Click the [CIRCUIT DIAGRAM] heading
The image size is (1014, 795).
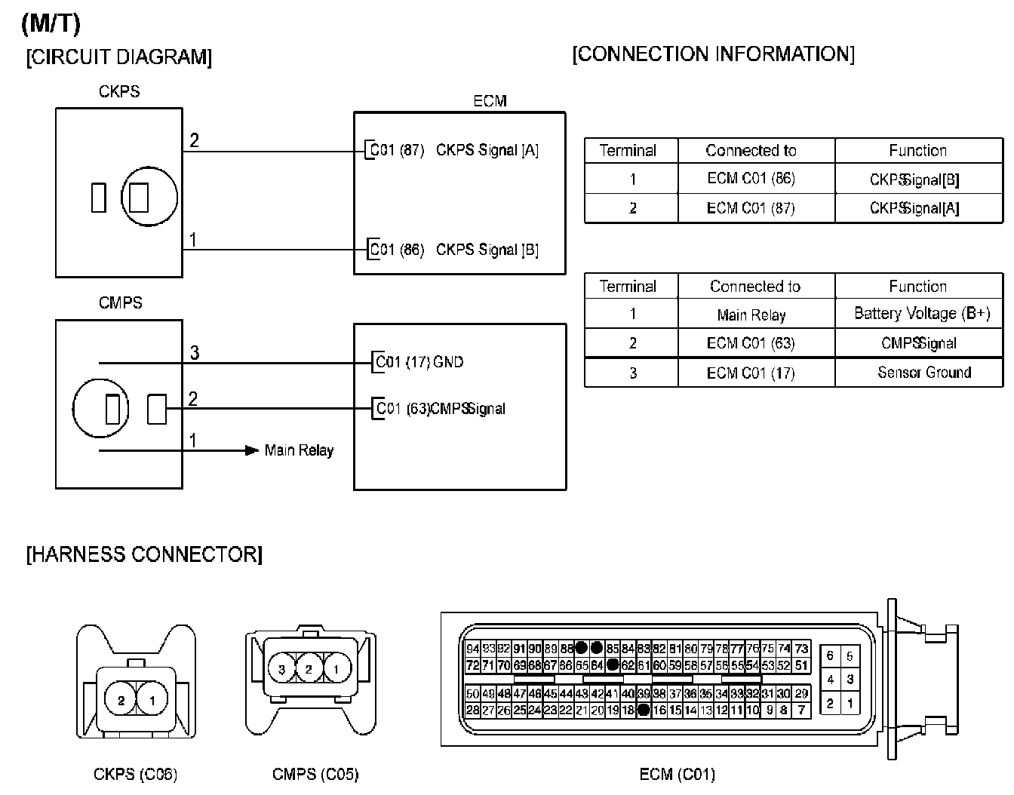pyautogui.click(x=119, y=57)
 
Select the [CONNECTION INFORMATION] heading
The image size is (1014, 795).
pyautogui.click(x=713, y=54)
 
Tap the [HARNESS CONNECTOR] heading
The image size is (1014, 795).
pyautogui.click(x=144, y=555)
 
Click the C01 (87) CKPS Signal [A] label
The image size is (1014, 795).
pyautogui.click(x=453, y=150)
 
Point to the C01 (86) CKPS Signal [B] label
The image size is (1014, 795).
pyautogui.click(x=453, y=250)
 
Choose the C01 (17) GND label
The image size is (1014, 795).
pyautogui.click(x=419, y=362)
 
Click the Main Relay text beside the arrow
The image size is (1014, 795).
pyautogui.click(x=299, y=450)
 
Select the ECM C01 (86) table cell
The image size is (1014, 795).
pyautogui.click(x=751, y=179)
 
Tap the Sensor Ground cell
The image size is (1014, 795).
pyautogui.click(x=923, y=373)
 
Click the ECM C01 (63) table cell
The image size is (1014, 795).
pyautogui.click(x=751, y=343)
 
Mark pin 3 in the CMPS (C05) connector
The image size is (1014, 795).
pyautogui.click(x=281, y=668)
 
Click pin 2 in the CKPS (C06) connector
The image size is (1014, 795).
pyautogui.click(x=121, y=701)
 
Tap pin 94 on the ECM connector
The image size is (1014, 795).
pyautogui.click(x=472, y=649)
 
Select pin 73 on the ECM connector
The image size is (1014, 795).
pyautogui.click(x=801, y=649)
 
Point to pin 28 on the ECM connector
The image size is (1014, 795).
pyautogui.click(x=472, y=710)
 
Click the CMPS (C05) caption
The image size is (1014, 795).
pyautogui.click(x=315, y=775)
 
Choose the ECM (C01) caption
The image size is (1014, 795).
pyautogui.click(x=677, y=775)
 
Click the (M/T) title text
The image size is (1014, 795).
pyautogui.click(x=51, y=23)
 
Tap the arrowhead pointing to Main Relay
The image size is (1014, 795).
pyautogui.click(x=252, y=450)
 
